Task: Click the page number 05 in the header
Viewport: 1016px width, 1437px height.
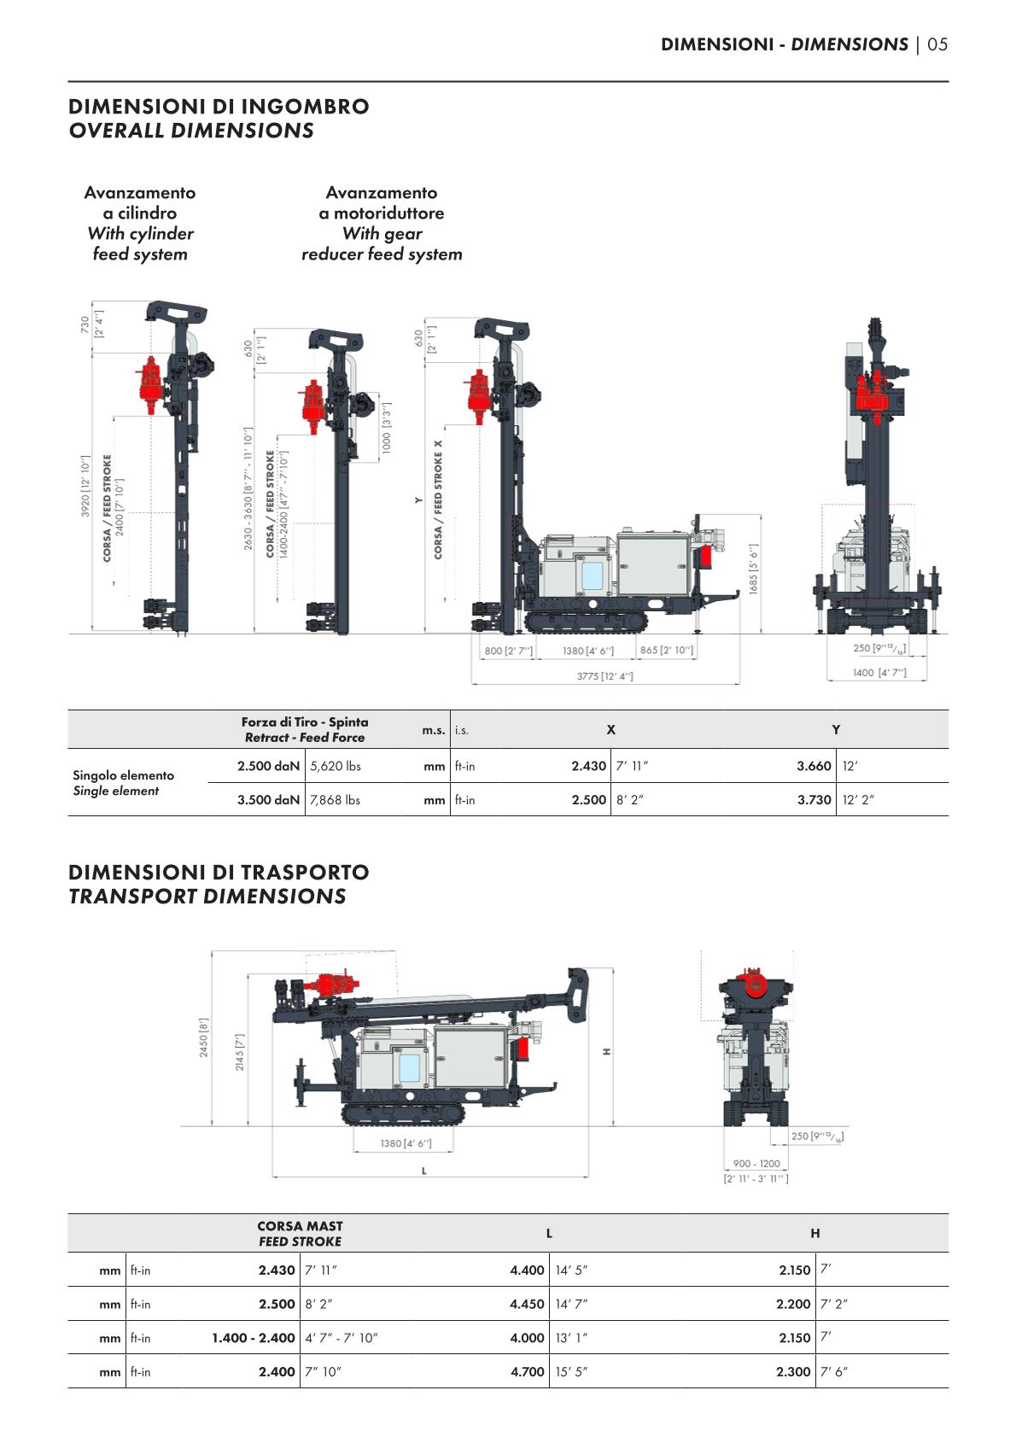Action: coord(937,44)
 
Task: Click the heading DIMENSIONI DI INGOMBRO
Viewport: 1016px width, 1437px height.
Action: coord(219,107)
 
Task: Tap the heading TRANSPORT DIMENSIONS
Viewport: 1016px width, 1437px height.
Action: coord(207,897)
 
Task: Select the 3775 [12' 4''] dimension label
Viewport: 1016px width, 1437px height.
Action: coord(605,676)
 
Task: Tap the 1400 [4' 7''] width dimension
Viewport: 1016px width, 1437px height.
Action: coord(879,673)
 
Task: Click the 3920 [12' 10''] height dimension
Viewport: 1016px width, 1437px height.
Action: coord(85,498)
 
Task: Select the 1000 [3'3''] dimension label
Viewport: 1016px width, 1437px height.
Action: coord(386,428)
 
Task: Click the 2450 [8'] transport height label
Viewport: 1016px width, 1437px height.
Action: coord(204,1037)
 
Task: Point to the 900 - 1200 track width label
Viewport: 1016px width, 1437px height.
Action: coord(756,1164)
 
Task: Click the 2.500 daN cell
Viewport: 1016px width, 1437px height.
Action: coord(268,766)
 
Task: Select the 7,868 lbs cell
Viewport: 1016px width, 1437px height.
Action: coord(335,800)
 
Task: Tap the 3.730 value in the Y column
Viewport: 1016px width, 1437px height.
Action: coord(814,800)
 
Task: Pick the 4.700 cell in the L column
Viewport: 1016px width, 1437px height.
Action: coord(527,1372)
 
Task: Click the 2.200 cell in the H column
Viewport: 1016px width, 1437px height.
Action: coord(793,1304)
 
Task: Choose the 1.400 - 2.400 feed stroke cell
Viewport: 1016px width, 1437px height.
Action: coord(254,1338)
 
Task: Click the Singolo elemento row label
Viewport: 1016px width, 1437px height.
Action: coord(123,775)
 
